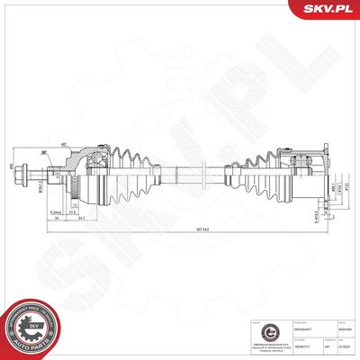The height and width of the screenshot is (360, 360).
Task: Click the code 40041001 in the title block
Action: [344, 330]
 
